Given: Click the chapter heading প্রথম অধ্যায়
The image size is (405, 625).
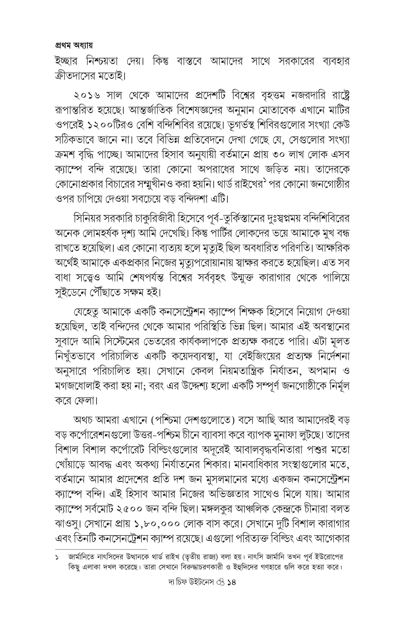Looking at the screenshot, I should (x=74, y=46).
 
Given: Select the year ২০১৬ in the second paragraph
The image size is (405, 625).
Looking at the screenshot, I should (x=87, y=96).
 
